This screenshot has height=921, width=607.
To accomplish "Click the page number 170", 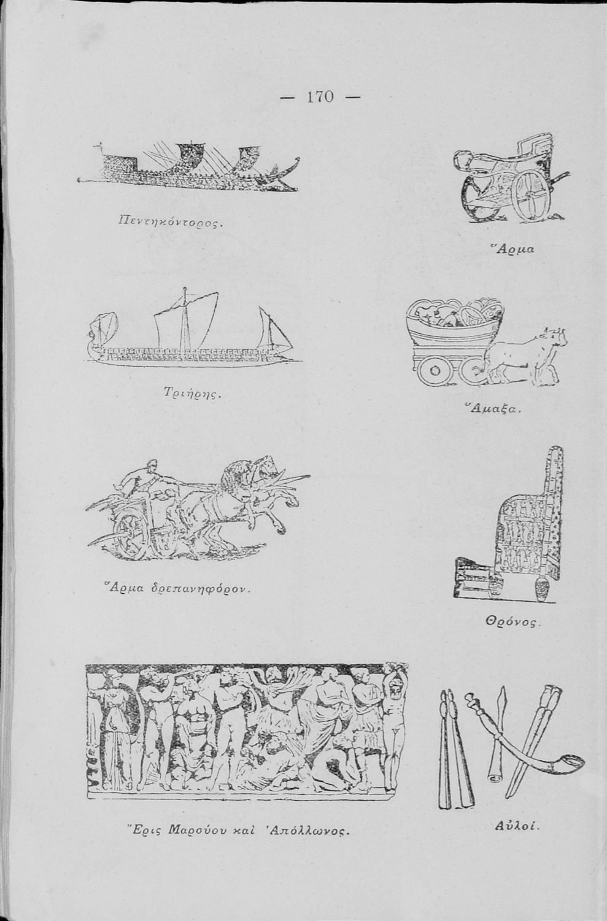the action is point(320,97).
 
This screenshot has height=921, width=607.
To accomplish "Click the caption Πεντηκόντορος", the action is point(170,223).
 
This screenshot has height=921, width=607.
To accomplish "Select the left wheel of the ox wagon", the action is point(434,371).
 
